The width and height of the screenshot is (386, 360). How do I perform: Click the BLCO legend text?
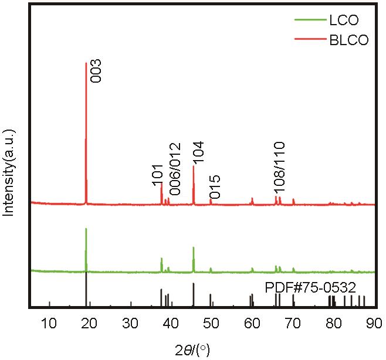point(346,40)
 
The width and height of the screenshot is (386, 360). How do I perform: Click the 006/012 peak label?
point(174,169)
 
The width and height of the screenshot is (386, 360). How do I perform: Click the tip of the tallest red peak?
point(86,63)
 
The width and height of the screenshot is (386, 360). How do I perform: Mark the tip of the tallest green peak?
point(86,229)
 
